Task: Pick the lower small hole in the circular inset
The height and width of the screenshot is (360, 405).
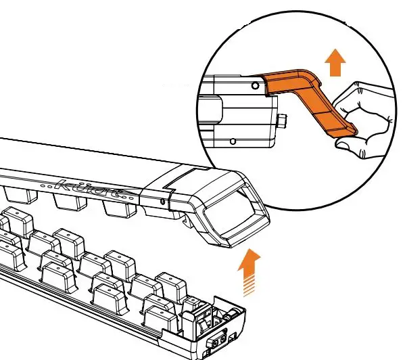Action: click(x=233, y=141)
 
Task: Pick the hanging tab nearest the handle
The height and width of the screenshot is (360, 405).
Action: click(x=118, y=210)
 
